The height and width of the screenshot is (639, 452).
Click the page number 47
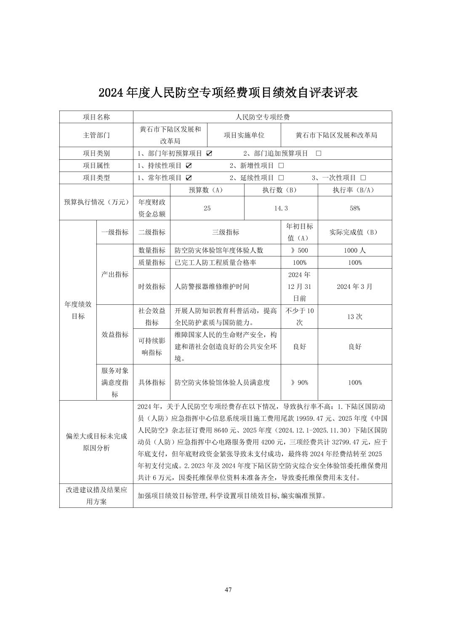pyautogui.click(x=228, y=589)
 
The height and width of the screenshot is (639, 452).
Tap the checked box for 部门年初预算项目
pyautogui.click(x=209, y=153)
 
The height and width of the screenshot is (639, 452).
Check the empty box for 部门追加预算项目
pyautogui.click(x=318, y=153)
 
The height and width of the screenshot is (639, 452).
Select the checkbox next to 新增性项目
pyautogui.click(x=281, y=166)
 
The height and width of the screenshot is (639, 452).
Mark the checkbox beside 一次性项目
pyautogui.click(x=363, y=178)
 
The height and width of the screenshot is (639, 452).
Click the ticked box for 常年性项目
pyautogui.click(x=189, y=178)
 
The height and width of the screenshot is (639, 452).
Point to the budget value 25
pyautogui.click(x=207, y=208)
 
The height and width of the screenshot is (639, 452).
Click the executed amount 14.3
pyautogui.click(x=281, y=208)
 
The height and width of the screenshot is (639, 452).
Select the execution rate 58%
pyautogui.click(x=355, y=208)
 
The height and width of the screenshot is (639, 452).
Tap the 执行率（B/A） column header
pyautogui.click(x=355, y=190)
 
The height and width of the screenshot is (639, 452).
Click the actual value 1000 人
pyautogui.click(x=355, y=250)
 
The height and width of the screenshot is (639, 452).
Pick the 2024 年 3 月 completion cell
pyautogui.click(x=355, y=286)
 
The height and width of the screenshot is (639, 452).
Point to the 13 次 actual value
pyautogui.click(x=355, y=317)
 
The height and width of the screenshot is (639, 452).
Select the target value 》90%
pyautogui.click(x=299, y=383)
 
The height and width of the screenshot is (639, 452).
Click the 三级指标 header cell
pyautogui.click(x=226, y=232)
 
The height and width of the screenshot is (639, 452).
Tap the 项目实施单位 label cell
pyautogui.click(x=244, y=135)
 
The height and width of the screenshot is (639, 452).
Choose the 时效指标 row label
pyautogui.click(x=152, y=286)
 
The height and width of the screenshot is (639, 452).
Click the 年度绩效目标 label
pyautogui.click(x=78, y=310)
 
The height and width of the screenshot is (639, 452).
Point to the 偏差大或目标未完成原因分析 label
pyautogui.click(x=96, y=442)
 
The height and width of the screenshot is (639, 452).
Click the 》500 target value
pyautogui.click(x=299, y=250)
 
